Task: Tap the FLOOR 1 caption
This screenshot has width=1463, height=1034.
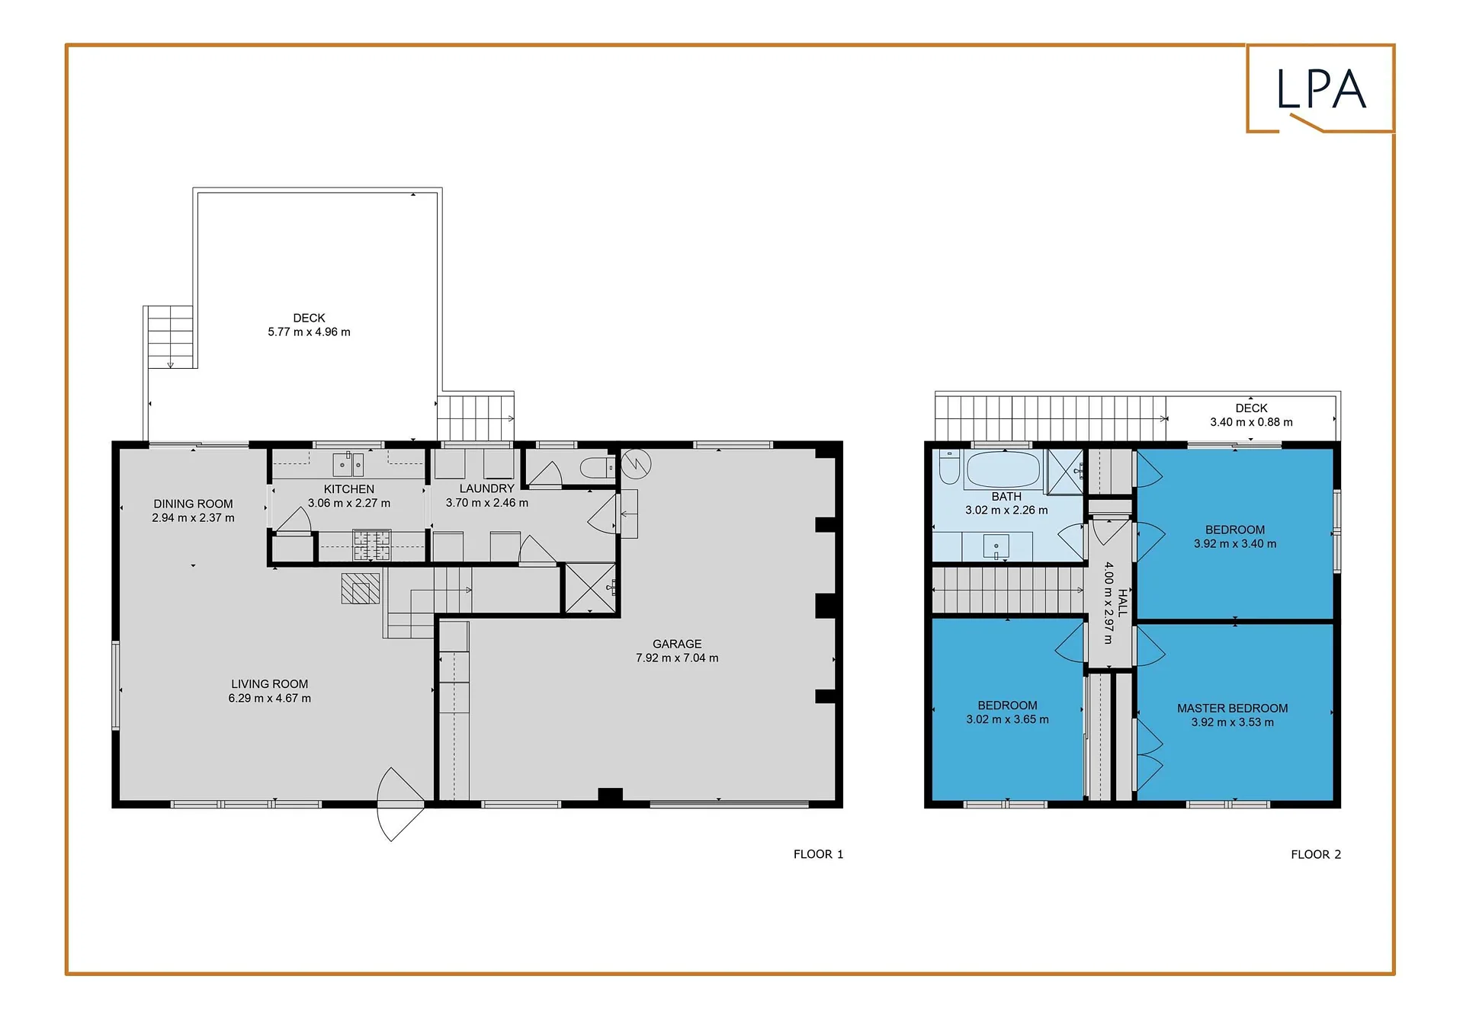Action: pyautogui.click(x=818, y=854)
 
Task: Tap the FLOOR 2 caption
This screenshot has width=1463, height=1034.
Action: pyautogui.click(x=1316, y=854)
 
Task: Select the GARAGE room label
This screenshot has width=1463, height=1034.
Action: pyautogui.click(x=677, y=644)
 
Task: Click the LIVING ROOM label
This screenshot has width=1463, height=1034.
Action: pyautogui.click(x=270, y=684)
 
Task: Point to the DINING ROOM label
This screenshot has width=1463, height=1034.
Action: pyautogui.click(x=193, y=504)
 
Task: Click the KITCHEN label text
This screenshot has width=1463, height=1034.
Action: pyautogui.click(x=349, y=489)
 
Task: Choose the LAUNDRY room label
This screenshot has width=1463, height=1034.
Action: pyautogui.click(x=486, y=488)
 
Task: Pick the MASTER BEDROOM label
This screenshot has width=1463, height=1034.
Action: pyautogui.click(x=1232, y=709)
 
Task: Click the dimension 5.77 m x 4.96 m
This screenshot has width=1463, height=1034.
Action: pyautogui.click(x=309, y=332)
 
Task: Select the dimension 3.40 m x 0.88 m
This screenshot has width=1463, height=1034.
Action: pyautogui.click(x=1251, y=422)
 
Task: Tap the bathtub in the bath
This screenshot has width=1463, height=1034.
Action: pyautogui.click(x=1003, y=469)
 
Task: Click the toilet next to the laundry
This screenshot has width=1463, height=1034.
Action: pyautogui.click(x=597, y=467)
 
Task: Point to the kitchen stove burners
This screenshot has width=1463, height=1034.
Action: pyautogui.click(x=372, y=545)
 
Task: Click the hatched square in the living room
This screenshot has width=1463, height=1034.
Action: pyautogui.click(x=361, y=588)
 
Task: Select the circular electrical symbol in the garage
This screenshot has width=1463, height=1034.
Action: pyautogui.click(x=636, y=463)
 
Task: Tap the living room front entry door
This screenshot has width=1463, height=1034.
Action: pyautogui.click(x=400, y=804)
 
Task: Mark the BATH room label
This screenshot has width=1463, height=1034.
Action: pyautogui.click(x=1006, y=497)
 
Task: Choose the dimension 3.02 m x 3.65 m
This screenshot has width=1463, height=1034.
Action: pyautogui.click(x=1007, y=719)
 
